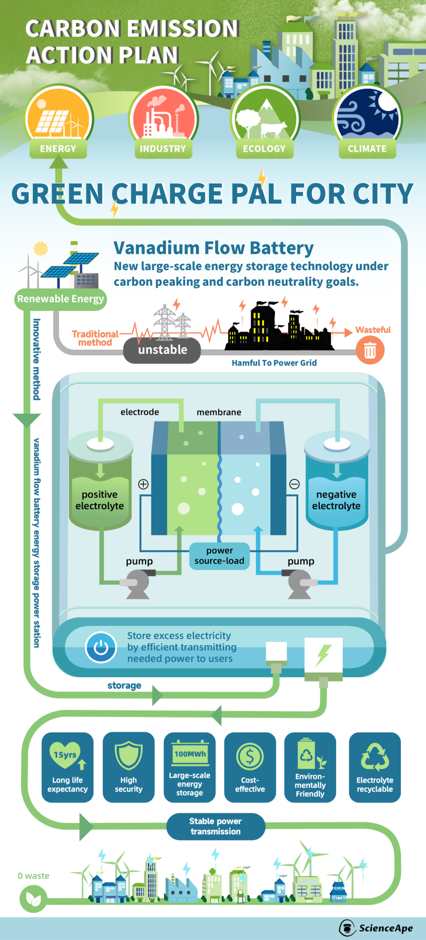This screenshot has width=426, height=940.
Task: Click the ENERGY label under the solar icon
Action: (58, 149)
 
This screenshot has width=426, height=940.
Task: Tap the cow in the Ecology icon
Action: (274, 129)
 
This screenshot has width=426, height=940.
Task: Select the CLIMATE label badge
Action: (367, 149)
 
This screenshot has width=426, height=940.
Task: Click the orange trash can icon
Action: (370, 350)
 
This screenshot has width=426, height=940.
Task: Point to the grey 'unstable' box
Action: (162, 350)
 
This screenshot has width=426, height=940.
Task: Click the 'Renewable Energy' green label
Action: (61, 299)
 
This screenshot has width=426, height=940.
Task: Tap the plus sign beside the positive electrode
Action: (143, 484)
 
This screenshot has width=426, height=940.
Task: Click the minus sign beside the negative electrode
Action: (294, 484)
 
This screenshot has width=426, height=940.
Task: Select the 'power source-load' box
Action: (219, 556)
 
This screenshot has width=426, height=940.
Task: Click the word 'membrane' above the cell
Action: (219, 412)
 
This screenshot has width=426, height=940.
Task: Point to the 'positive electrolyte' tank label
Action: (100, 500)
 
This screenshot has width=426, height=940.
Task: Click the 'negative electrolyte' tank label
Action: (336, 500)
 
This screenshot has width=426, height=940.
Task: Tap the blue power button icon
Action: (101, 648)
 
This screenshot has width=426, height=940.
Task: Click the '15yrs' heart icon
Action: (65, 755)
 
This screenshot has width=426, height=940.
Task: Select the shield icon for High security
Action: (129, 755)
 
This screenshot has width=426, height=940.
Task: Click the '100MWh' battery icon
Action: (190, 754)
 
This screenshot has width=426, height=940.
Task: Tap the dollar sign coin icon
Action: (250, 756)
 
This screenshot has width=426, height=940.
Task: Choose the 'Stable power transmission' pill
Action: (215, 826)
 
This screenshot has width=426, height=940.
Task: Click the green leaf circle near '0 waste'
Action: (34, 899)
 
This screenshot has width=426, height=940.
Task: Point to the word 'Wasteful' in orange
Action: (373, 330)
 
